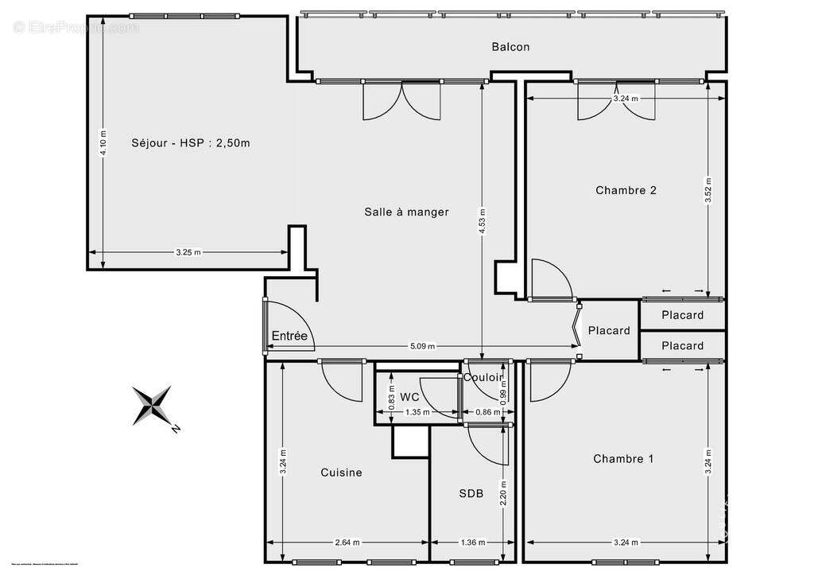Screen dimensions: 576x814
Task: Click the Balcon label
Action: [x=510, y=47]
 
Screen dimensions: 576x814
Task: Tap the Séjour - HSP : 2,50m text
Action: [x=191, y=143]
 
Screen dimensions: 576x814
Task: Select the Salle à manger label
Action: [x=406, y=212]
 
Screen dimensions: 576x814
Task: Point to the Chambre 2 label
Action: [x=626, y=190]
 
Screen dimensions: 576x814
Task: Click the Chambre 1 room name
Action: [x=623, y=458]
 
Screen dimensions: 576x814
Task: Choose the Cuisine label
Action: [x=341, y=473]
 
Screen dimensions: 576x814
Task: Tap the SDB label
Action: [x=471, y=493]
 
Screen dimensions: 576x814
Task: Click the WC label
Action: [x=409, y=396]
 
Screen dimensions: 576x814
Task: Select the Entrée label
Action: [x=289, y=336]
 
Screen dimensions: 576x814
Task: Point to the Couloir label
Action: [x=483, y=377]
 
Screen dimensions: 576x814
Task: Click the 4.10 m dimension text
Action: [x=103, y=144]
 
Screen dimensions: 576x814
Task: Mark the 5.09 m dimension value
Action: [x=422, y=346]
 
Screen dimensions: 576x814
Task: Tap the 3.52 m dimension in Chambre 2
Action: [x=707, y=191]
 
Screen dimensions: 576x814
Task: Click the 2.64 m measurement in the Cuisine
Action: [x=347, y=543]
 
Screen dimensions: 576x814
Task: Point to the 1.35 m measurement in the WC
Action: [x=417, y=412]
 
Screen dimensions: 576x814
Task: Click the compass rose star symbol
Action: [x=152, y=403]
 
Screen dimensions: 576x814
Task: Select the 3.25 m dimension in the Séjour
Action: [x=188, y=252]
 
